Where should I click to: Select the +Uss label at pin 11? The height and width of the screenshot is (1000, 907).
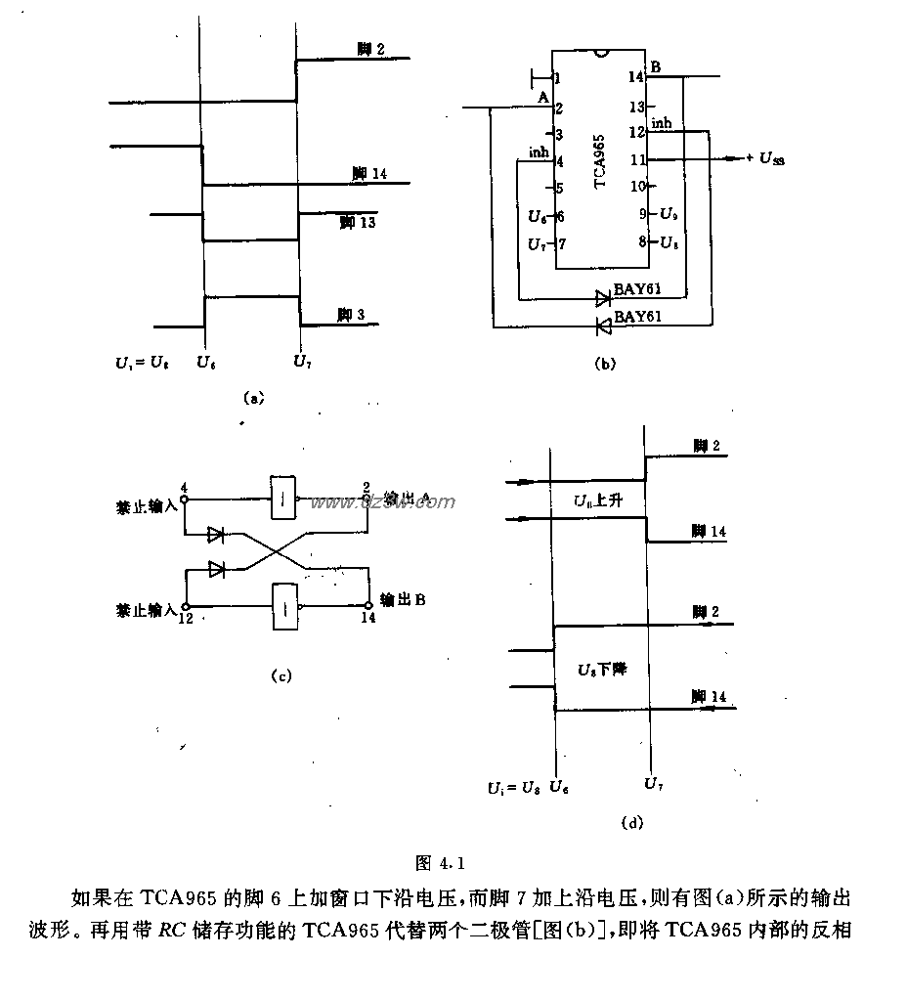click(764, 158)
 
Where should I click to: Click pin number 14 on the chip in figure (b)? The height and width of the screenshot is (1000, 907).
click(635, 76)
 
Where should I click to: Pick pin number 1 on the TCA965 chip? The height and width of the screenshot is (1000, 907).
click(556, 78)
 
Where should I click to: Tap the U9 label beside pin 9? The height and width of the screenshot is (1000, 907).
click(669, 213)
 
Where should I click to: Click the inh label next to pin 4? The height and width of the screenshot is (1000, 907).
click(538, 152)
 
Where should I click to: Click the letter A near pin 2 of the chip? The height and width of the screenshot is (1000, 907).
click(543, 97)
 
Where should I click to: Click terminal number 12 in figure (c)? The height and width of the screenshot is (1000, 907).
click(185, 618)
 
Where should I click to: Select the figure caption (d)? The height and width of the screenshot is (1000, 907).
click(632, 823)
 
